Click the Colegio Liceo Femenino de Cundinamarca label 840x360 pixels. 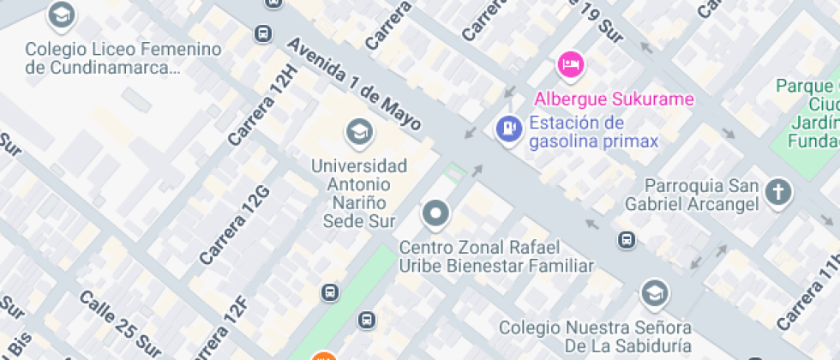[x=111, y=58]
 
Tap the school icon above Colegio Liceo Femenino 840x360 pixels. [x=60, y=15]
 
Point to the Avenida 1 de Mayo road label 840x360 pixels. [x=354, y=84]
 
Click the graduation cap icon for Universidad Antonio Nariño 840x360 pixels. [x=359, y=132]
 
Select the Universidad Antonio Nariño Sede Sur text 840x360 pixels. [x=359, y=193]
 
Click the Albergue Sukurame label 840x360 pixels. [x=614, y=99]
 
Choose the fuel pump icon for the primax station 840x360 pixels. [x=509, y=129]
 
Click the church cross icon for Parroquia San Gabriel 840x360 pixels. [x=778, y=192]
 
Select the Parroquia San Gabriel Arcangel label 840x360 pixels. [x=702, y=195]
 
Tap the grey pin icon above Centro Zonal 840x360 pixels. [x=435, y=213]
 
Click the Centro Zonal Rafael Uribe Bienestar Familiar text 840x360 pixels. [x=496, y=256]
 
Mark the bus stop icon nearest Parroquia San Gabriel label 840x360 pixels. [x=627, y=240]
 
